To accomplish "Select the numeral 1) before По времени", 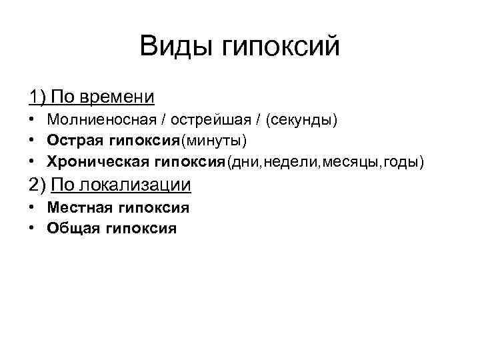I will point(37,97).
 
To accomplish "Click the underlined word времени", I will point(117,97).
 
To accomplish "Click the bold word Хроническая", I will point(99,162).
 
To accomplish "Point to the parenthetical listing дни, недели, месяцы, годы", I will point(325,162).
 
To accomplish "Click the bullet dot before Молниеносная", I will point(32,121).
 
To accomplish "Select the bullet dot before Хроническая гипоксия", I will point(32,162).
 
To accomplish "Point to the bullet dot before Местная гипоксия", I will point(32,208).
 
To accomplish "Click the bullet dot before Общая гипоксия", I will point(32,229).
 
